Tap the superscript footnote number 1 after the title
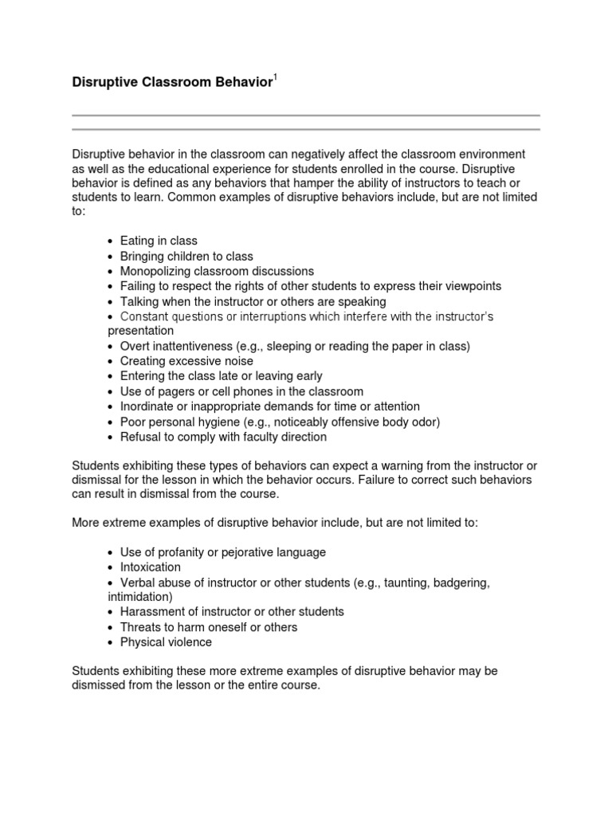(275, 76)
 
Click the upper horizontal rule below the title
(306, 116)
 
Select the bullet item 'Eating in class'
(159, 241)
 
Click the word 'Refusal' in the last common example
(140, 437)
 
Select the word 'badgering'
(457, 583)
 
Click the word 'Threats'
(140, 627)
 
